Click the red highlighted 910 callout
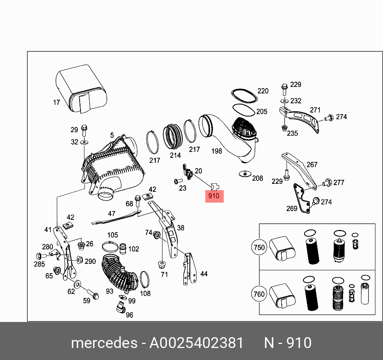click(x=214, y=196)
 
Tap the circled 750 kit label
click(x=259, y=247)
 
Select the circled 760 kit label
click(x=259, y=294)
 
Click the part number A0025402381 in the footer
click(x=196, y=343)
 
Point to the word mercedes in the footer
click(x=103, y=343)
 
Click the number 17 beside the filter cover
click(x=57, y=103)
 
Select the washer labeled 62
click(x=77, y=284)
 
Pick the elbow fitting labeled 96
click(x=120, y=308)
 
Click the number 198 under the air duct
click(x=217, y=151)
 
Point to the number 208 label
click(x=257, y=178)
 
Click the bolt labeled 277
click(x=326, y=183)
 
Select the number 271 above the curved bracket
click(x=315, y=110)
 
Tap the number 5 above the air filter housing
click(x=112, y=135)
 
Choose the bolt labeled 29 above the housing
click(x=84, y=129)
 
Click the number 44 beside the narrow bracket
click(x=204, y=274)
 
